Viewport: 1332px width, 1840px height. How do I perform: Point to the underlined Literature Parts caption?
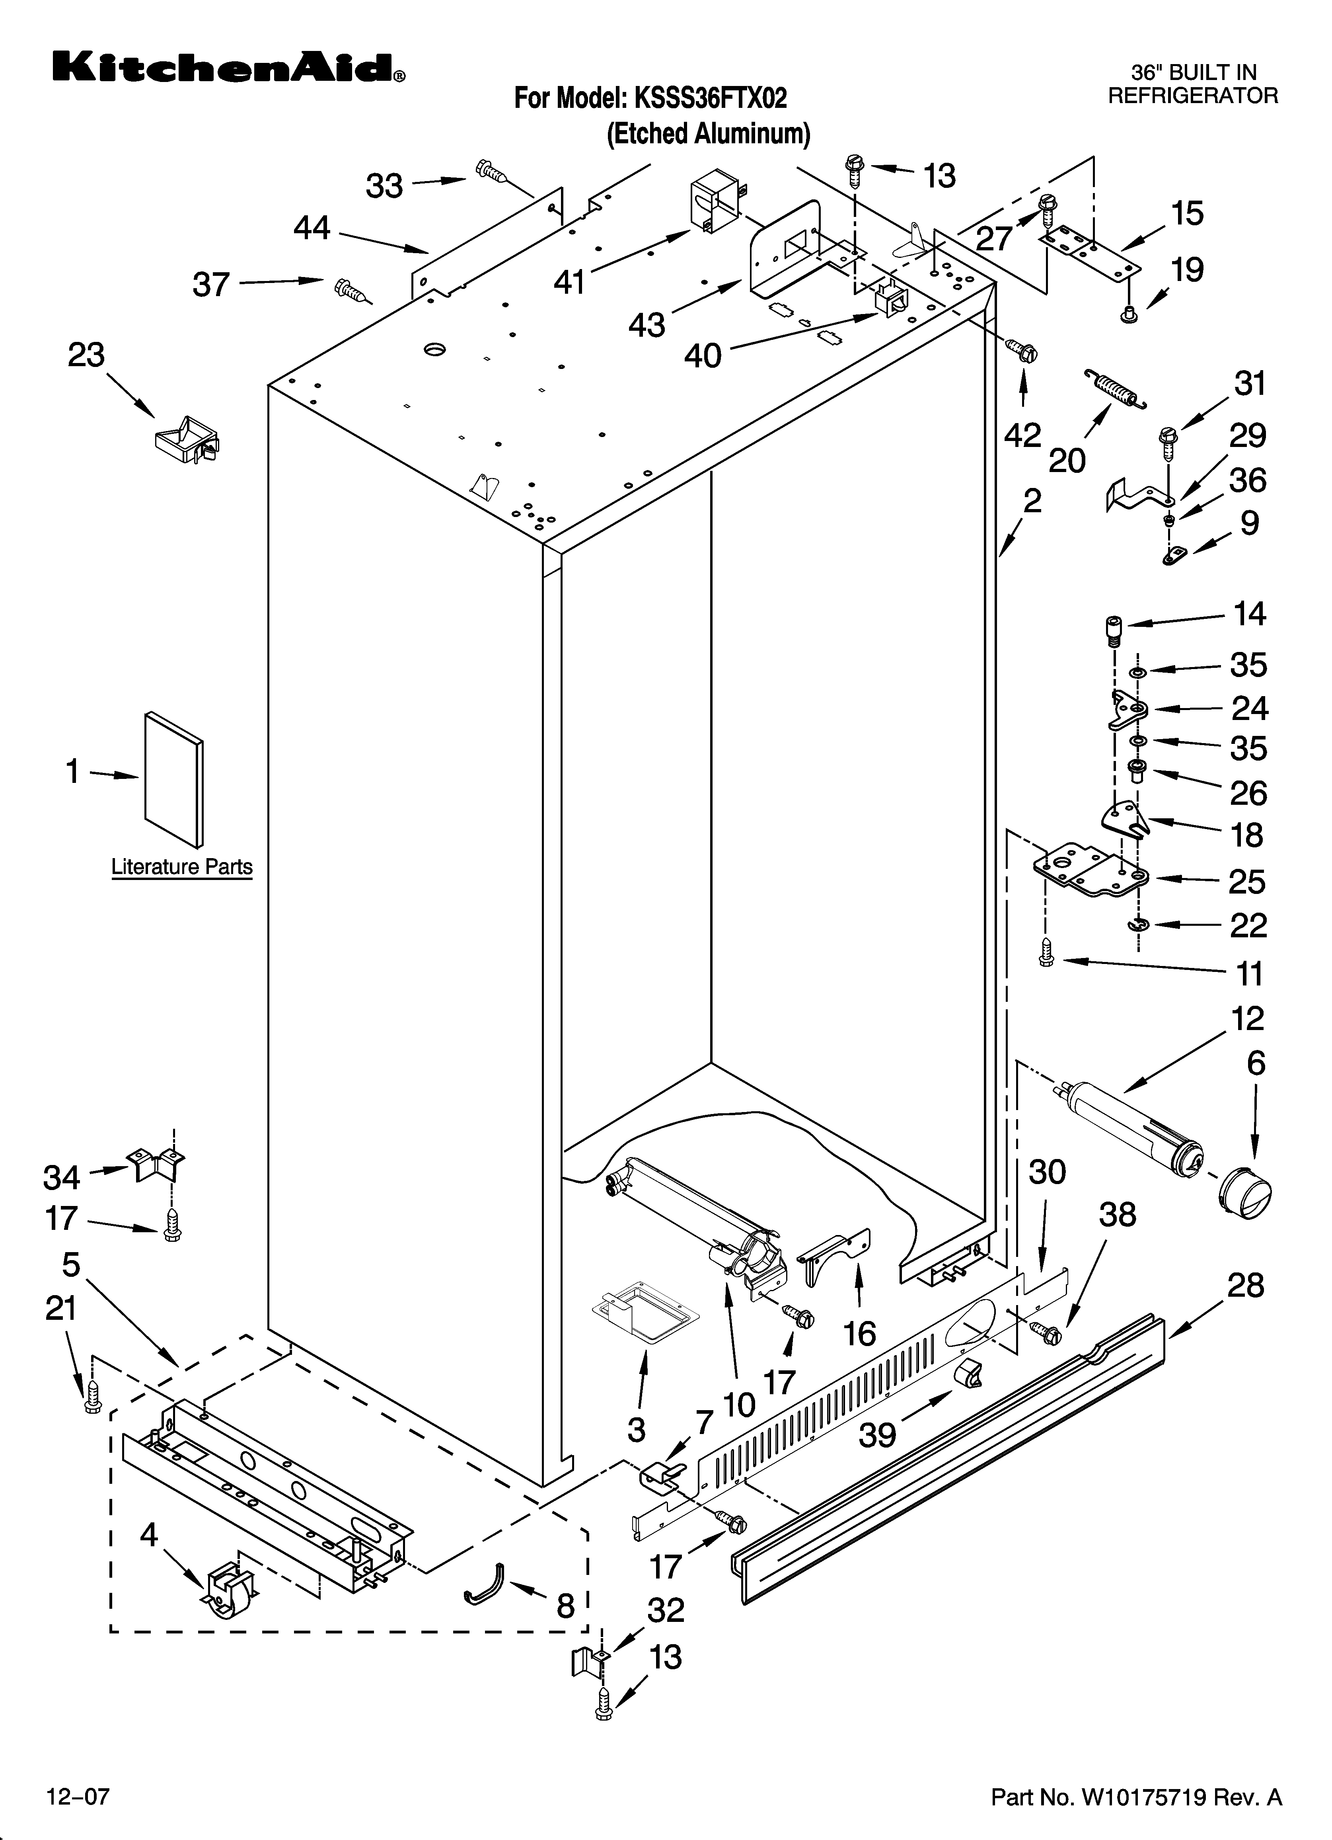tap(182, 867)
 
